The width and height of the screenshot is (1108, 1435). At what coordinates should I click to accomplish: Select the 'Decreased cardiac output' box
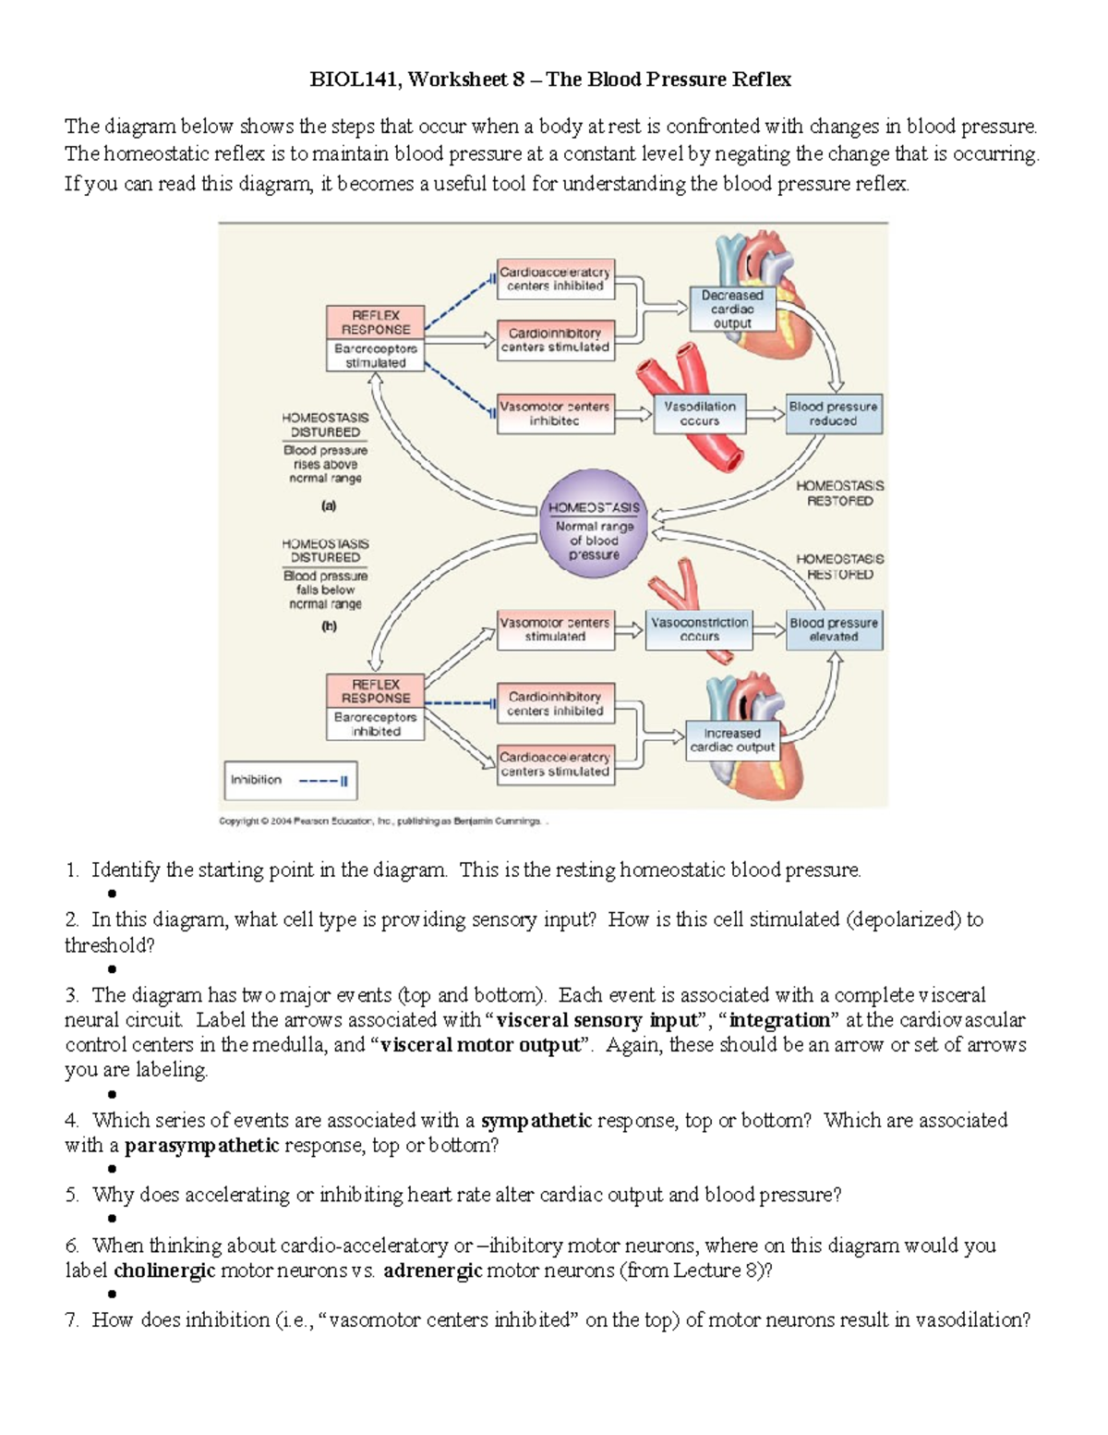click(x=732, y=310)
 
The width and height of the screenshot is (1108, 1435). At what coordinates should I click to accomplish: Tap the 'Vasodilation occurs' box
click(x=699, y=413)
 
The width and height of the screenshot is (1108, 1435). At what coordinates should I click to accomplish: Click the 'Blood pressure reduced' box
click(x=834, y=413)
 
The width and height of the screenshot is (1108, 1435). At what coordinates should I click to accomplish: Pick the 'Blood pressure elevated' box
click(x=834, y=629)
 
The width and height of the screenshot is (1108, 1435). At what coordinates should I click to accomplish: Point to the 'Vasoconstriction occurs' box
click(x=699, y=629)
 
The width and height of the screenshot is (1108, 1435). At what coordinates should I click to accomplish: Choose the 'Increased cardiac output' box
click(x=732, y=740)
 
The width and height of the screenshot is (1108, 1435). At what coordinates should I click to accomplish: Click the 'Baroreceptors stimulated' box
click(x=375, y=356)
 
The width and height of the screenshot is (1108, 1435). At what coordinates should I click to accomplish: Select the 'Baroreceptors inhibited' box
click(x=375, y=724)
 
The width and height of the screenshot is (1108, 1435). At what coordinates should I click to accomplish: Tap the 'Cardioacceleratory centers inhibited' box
click(x=554, y=279)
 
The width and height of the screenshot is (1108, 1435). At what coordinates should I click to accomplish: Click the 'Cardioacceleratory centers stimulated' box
click(x=554, y=764)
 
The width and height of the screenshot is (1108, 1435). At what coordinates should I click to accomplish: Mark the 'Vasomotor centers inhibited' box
click(x=554, y=413)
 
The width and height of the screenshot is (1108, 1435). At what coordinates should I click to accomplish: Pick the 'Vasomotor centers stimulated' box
click(x=554, y=629)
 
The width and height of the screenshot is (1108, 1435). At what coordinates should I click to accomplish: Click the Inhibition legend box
click(x=290, y=780)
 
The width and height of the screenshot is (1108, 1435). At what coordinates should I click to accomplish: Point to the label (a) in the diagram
click(x=328, y=506)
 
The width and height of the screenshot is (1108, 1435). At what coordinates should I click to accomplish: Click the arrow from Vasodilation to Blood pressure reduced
click(x=765, y=415)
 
